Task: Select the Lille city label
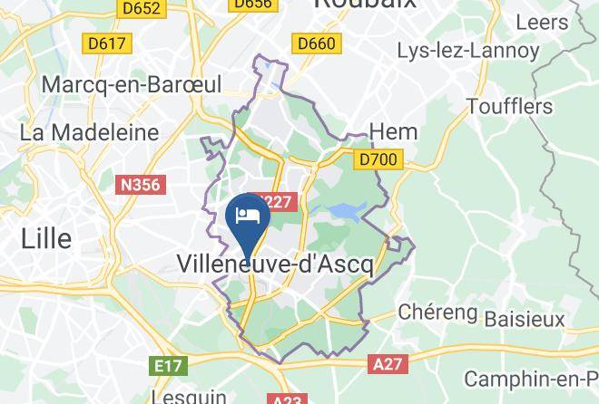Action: pyautogui.click(x=46, y=238)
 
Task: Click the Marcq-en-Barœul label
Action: pyautogui.click(x=132, y=85)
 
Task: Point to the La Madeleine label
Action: pyautogui.click(x=89, y=132)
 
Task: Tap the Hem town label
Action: pyautogui.click(x=395, y=131)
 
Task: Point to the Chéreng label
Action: pyautogui.click(x=438, y=313)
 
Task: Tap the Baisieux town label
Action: pyautogui.click(x=525, y=319)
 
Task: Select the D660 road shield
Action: pyautogui.click(x=316, y=43)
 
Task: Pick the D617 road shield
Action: pyautogui.click(x=107, y=43)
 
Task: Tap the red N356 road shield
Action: pyautogui.click(x=140, y=185)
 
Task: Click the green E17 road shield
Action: pyautogui.click(x=168, y=366)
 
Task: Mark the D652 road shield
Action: pyautogui.click(x=141, y=8)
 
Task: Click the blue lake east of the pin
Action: pyautogui.click(x=347, y=211)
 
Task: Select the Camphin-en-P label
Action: pyautogui.click(x=531, y=379)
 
